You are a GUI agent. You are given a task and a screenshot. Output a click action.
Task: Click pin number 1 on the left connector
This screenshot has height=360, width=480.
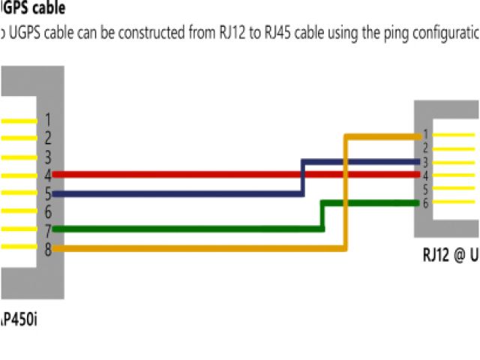click(x=47, y=120)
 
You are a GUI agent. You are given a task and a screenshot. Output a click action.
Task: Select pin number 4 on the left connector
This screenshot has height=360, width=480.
click(x=47, y=175)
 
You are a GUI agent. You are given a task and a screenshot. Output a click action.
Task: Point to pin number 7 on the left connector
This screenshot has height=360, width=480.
click(x=47, y=230)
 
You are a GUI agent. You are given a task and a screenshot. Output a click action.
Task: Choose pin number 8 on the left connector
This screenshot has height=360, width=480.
click(x=47, y=248)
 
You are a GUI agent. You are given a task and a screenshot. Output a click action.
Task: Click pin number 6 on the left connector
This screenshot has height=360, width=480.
click(x=47, y=212)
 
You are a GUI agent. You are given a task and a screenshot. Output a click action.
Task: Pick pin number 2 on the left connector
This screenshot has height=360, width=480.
click(x=47, y=139)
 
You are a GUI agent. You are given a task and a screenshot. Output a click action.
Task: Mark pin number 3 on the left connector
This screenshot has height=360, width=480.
click(x=47, y=157)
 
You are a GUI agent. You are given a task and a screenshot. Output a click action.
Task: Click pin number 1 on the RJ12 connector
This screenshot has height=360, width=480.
click(x=424, y=134)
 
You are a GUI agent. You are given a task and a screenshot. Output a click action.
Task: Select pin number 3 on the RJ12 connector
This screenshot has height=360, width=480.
click(x=424, y=162)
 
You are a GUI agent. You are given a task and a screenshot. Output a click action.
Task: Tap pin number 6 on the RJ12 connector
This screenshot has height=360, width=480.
click(x=424, y=202)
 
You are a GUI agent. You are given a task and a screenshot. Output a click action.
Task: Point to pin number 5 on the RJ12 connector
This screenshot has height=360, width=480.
click(x=424, y=189)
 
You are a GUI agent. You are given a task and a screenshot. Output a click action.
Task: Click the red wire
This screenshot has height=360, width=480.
click(x=187, y=175)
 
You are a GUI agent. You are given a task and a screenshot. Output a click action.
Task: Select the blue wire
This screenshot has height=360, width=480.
click(x=187, y=193)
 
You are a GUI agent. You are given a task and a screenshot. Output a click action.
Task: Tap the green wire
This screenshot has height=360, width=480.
click(x=187, y=229)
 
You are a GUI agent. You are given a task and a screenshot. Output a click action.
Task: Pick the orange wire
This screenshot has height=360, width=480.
click(x=187, y=247)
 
